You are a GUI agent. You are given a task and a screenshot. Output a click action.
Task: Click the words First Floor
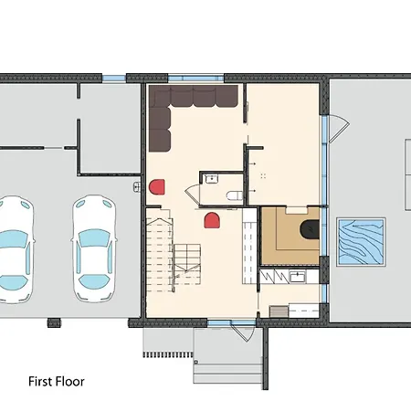click(57, 382)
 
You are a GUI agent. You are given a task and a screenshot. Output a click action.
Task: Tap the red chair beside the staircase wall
click(157, 186)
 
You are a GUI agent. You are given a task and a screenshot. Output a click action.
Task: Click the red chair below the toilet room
click(212, 220)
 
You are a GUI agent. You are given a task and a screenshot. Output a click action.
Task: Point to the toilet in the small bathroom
click(235, 195)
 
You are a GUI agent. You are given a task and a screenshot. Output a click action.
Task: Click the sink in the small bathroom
click(210, 178)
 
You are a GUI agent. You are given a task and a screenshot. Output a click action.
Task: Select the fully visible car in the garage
click(94, 248)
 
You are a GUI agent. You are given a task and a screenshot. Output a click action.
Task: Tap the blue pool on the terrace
click(361, 242)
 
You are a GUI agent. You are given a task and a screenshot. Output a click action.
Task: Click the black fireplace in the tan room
click(310, 228)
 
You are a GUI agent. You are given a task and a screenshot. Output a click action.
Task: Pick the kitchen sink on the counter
click(297, 277)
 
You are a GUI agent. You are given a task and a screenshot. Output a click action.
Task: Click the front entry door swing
click(244, 332)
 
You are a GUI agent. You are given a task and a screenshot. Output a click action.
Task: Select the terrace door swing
click(339, 128)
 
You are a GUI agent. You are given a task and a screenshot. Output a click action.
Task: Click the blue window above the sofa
click(195, 79)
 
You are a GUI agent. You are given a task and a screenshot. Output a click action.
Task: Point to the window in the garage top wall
click(114, 78)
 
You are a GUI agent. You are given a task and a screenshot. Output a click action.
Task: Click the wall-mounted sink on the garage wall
click(137, 186)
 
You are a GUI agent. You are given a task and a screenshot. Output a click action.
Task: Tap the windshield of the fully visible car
click(94, 237)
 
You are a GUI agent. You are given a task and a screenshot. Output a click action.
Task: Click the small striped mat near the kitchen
click(279, 311)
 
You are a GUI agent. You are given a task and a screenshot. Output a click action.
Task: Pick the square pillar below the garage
click(54, 322)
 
